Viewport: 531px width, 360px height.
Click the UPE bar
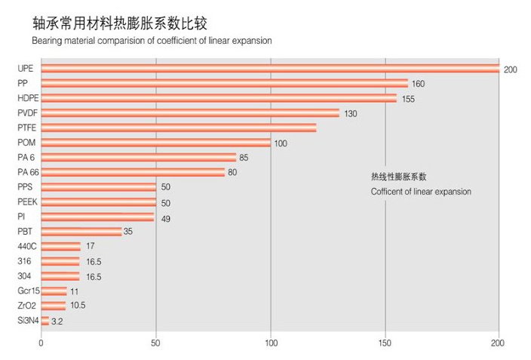[x=270, y=69]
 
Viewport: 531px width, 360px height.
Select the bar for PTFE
[x=179, y=128]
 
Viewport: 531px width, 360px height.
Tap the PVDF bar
[x=190, y=113]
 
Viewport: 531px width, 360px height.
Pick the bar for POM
[x=155, y=143]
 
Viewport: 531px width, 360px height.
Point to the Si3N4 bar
[x=45, y=321]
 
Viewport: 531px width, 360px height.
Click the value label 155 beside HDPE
[x=407, y=98]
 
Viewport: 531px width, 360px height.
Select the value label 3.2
[x=57, y=322]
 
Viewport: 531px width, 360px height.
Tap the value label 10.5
[x=77, y=306]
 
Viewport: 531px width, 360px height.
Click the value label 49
[x=165, y=217]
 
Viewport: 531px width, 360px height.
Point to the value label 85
[x=244, y=158]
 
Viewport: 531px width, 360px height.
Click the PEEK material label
[x=26, y=202]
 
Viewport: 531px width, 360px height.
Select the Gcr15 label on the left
[x=28, y=291]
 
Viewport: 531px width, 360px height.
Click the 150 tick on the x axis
[x=385, y=343]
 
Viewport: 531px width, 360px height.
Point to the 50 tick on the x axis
[x=155, y=343]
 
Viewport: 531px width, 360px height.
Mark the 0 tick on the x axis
[x=41, y=343]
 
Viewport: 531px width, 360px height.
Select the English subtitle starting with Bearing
[x=152, y=41]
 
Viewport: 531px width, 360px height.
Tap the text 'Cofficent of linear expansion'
[x=421, y=192]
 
